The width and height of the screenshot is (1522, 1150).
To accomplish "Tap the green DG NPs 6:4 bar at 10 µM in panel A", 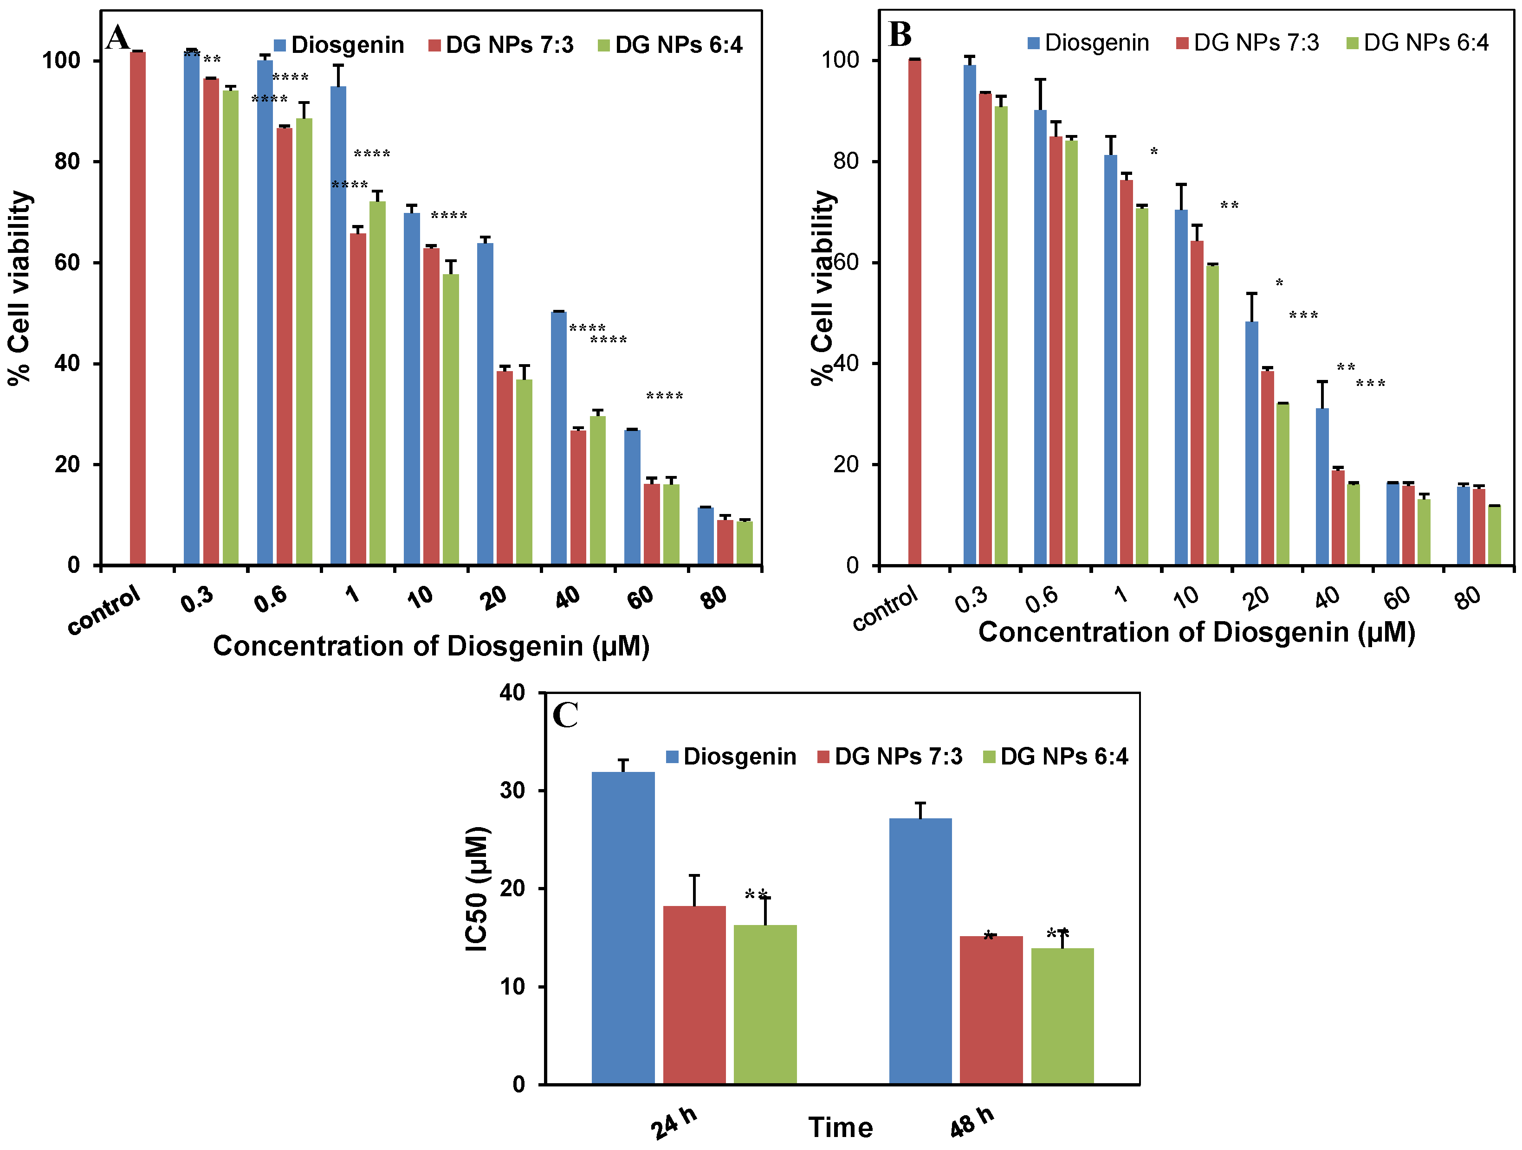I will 451,419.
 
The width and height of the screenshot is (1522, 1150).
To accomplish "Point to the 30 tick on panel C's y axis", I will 512,790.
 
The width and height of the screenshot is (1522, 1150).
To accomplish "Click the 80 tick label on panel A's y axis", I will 67,161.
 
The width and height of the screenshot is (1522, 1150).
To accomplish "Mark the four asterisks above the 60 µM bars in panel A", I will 664,397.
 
